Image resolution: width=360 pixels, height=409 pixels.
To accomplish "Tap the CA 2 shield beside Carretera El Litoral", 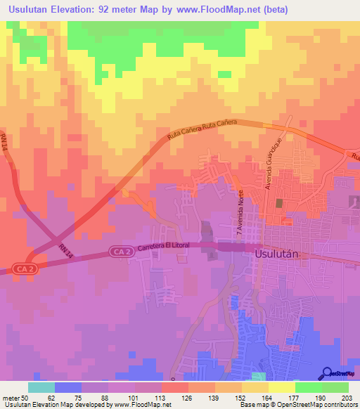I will click(121, 251).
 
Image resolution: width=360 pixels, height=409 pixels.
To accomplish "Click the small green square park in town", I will click(280, 203).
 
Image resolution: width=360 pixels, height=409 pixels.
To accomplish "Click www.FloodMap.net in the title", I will click(224, 10).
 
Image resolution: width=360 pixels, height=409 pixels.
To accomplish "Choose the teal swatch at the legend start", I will click(41, 387).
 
